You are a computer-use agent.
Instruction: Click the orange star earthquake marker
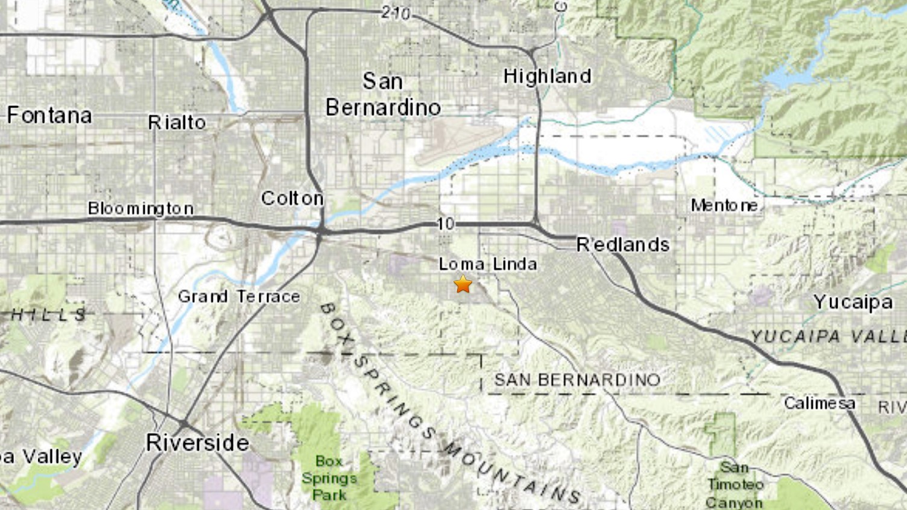coord(463,283)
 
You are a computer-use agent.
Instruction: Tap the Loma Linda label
coord(487,263)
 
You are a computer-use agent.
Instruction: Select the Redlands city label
coord(623,244)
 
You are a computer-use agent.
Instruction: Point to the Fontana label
coord(49,115)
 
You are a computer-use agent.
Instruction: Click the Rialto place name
coord(177,122)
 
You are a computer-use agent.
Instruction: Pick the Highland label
coord(547,77)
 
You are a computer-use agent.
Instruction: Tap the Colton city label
coord(292,198)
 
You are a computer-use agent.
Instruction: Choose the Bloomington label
coord(141,209)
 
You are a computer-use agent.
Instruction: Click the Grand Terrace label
coord(239,296)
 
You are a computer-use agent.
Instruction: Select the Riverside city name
coord(197,442)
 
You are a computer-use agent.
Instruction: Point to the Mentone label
coord(724,206)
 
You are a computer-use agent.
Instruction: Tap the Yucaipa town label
coord(852,301)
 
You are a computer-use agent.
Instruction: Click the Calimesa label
coord(819,403)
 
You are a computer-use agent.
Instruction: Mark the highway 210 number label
coord(396,13)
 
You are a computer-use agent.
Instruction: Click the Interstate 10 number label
coord(445,224)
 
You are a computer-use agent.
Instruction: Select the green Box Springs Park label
coord(329,477)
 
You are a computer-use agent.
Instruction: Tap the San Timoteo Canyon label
coord(735,484)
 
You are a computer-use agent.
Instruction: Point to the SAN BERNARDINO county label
coord(577,380)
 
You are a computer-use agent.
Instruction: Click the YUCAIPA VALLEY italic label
coord(828,336)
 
